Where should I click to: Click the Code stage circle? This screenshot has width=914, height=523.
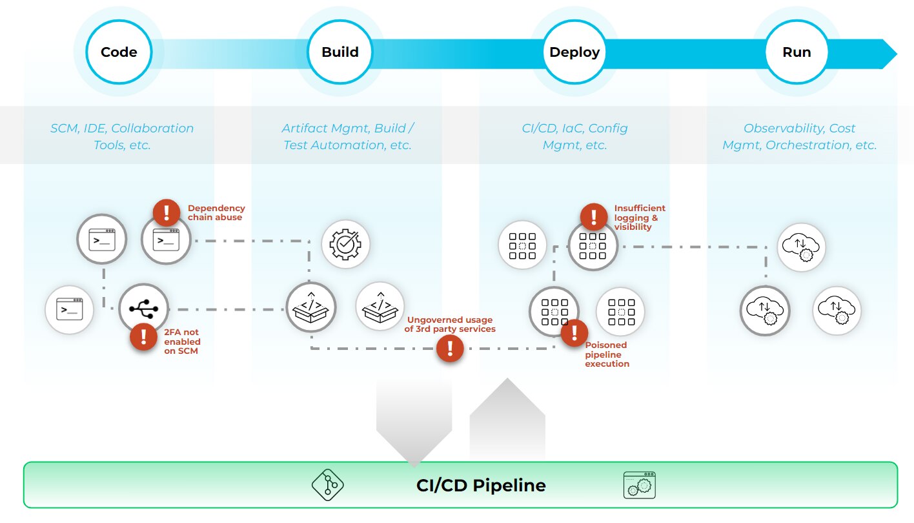119,52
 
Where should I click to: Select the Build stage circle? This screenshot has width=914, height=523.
340,52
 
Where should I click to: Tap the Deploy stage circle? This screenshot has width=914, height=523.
574,52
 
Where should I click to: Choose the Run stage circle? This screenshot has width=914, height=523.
797,52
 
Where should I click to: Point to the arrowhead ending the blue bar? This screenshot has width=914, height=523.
889,54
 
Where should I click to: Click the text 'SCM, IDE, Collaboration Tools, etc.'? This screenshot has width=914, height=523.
122,136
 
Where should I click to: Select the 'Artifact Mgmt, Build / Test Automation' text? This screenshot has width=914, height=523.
347,136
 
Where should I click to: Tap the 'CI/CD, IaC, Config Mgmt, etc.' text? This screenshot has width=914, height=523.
574,136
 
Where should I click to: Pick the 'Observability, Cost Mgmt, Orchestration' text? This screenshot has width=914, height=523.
799,136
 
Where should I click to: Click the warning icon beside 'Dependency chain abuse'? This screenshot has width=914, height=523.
167,212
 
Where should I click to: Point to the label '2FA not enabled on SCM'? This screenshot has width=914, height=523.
182,342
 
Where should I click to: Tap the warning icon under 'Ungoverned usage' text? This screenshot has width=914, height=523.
450,349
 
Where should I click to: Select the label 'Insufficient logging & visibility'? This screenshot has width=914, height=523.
639,218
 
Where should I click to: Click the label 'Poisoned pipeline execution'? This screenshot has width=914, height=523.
607,354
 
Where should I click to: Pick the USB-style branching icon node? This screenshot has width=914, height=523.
143,309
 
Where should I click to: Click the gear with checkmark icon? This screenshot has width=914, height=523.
345,244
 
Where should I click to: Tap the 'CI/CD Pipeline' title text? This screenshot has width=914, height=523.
481,486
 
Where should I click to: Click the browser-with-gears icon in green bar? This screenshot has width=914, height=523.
639,485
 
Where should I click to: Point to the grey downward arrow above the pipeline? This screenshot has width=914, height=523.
414,420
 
